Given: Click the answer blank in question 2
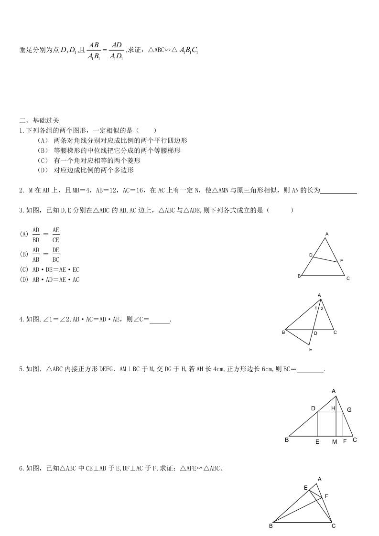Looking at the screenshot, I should pos(339,191).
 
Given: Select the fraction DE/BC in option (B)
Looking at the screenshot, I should pos(56,255).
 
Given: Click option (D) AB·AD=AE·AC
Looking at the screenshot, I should pos(50,280).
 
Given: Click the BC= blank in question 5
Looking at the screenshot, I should pos(310,369).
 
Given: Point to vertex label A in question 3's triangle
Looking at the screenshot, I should pos(327,234).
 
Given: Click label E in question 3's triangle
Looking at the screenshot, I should pos(342,261).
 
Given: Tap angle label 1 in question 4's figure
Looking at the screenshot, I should pos(316,308).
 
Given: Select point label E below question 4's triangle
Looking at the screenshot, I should pos(311,350).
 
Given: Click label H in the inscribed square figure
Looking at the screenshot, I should pos(333,408).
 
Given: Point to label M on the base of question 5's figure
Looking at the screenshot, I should pos(335,442).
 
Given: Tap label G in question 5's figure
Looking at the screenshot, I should pos(349,410).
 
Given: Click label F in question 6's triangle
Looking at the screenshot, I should pos(326,496).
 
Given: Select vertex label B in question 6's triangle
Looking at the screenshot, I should pos(271,526).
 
